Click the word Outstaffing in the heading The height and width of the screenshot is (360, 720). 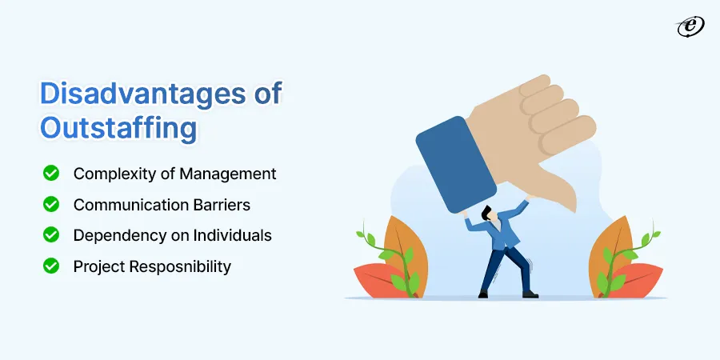(106, 128)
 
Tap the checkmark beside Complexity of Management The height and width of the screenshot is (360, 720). (51, 173)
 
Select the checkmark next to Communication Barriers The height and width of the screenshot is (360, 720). (51, 204)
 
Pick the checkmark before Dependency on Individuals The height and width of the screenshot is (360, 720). (51, 235)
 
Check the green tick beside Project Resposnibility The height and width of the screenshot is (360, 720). (51, 266)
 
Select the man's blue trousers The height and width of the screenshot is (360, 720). (504, 268)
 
